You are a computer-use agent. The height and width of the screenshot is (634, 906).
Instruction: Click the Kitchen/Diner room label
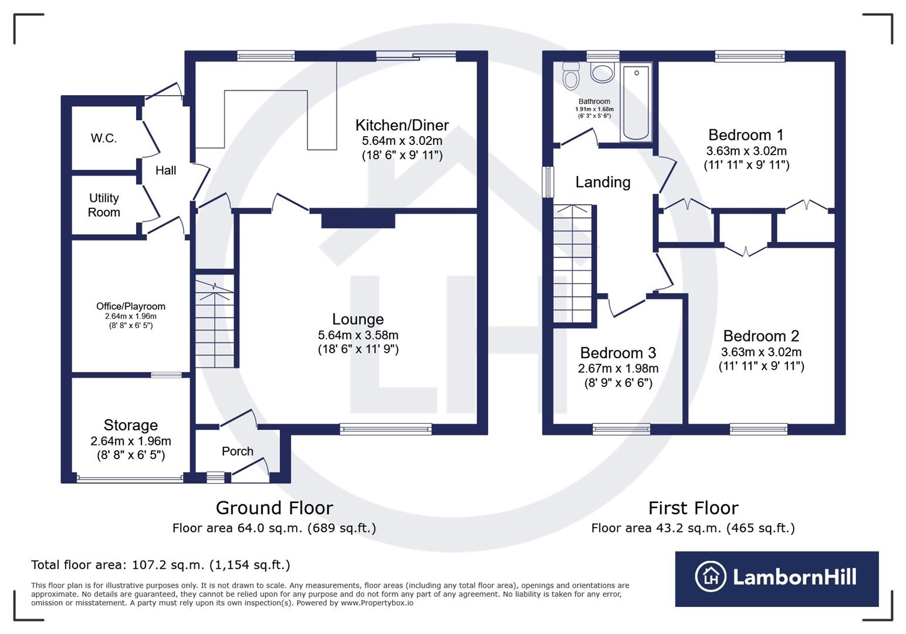(x=402, y=125)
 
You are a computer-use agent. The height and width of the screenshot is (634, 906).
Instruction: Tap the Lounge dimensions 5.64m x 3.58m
(x=358, y=335)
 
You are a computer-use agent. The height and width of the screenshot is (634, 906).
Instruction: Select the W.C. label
(x=104, y=139)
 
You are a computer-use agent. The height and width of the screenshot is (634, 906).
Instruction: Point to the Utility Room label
(x=104, y=205)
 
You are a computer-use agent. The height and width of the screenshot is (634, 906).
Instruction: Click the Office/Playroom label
(x=131, y=306)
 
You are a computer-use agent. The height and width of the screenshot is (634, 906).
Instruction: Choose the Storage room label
(x=131, y=425)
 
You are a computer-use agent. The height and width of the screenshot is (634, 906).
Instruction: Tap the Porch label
(x=238, y=451)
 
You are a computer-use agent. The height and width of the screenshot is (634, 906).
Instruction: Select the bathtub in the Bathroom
(x=636, y=102)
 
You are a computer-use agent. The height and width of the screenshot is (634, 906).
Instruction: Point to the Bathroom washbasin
(x=602, y=73)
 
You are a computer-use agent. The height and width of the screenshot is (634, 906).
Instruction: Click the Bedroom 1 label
(x=746, y=135)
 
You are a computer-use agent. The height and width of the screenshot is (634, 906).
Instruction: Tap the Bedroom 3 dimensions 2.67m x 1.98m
(x=618, y=369)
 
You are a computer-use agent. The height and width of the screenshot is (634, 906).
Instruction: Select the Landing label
(x=603, y=182)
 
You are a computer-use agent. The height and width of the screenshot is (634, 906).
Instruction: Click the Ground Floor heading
(x=274, y=508)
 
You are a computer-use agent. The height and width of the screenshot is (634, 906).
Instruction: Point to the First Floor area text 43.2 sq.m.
(x=692, y=528)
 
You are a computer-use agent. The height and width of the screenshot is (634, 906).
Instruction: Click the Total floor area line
(x=161, y=565)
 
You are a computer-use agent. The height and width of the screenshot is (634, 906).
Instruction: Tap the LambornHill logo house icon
(x=711, y=576)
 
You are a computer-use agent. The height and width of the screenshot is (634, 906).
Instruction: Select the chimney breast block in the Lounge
(x=358, y=220)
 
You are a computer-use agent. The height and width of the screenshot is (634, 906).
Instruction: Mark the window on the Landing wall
(x=548, y=182)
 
